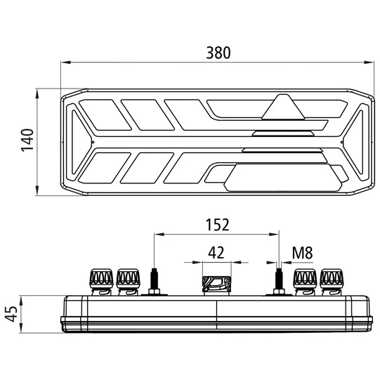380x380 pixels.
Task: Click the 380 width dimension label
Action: (x=218, y=53)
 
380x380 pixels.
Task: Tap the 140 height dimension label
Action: (x=27, y=140)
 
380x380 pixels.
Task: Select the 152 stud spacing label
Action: (x=217, y=225)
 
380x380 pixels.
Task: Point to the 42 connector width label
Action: (x=216, y=253)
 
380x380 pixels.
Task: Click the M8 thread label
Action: (x=302, y=253)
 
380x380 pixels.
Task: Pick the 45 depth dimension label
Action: (x=11, y=314)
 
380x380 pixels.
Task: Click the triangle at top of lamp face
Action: (x=282, y=107)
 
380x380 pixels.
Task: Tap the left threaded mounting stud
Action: (x=155, y=278)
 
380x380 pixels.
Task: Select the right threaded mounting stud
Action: (x=279, y=278)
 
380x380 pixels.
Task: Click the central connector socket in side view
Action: (x=216, y=285)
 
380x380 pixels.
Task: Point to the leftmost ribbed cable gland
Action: (x=102, y=282)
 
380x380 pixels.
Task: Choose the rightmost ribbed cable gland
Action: (x=332, y=282)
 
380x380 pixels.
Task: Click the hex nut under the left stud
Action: (x=155, y=291)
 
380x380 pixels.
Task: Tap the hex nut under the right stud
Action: (x=279, y=291)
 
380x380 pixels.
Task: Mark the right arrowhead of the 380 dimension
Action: (x=369, y=63)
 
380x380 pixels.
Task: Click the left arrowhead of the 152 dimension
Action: (x=159, y=235)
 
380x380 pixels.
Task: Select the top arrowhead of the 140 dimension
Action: (x=37, y=94)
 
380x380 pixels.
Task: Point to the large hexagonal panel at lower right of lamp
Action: (x=283, y=178)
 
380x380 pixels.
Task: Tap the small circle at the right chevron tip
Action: (x=341, y=142)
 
